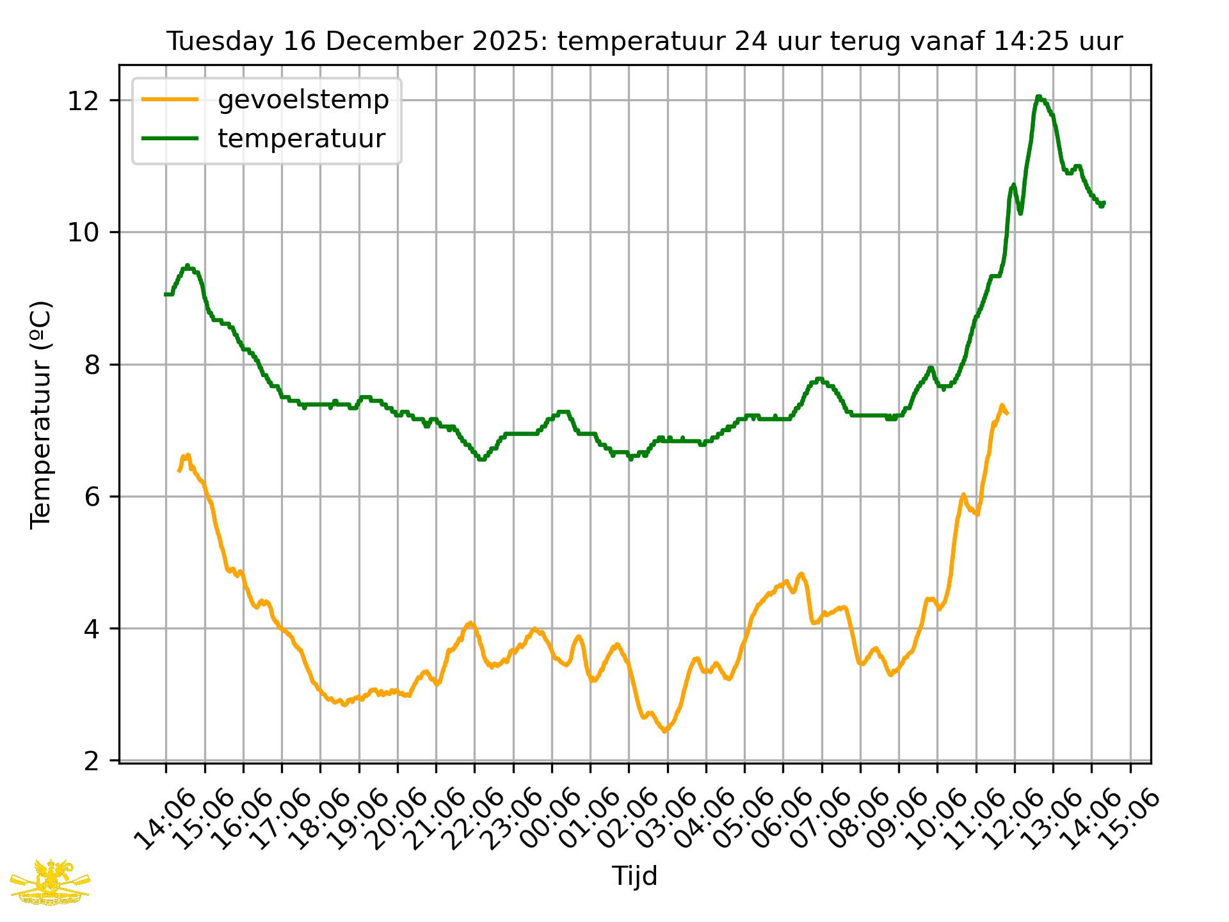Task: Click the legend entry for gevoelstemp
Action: pyautogui.click(x=303, y=100)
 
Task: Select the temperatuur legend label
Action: pyautogui.click(x=301, y=138)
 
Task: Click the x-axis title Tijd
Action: pyautogui.click(x=634, y=876)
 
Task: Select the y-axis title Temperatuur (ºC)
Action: pyautogui.click(x=41, y=415)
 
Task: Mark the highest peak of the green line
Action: pyautogui.click(x=1038, y=97)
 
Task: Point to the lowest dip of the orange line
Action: pyautogui.click(x=665, y=731)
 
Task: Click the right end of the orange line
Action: pyautogui.click(x=1008, y=414)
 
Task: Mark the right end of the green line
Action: pyautogui.click(x=1104, y=203)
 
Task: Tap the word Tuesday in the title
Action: pyautogui.click(x=211, y=42)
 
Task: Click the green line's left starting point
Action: pyautogui.click(x=166, y=294)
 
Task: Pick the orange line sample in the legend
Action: pyautogui.click(x=170, y=100)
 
